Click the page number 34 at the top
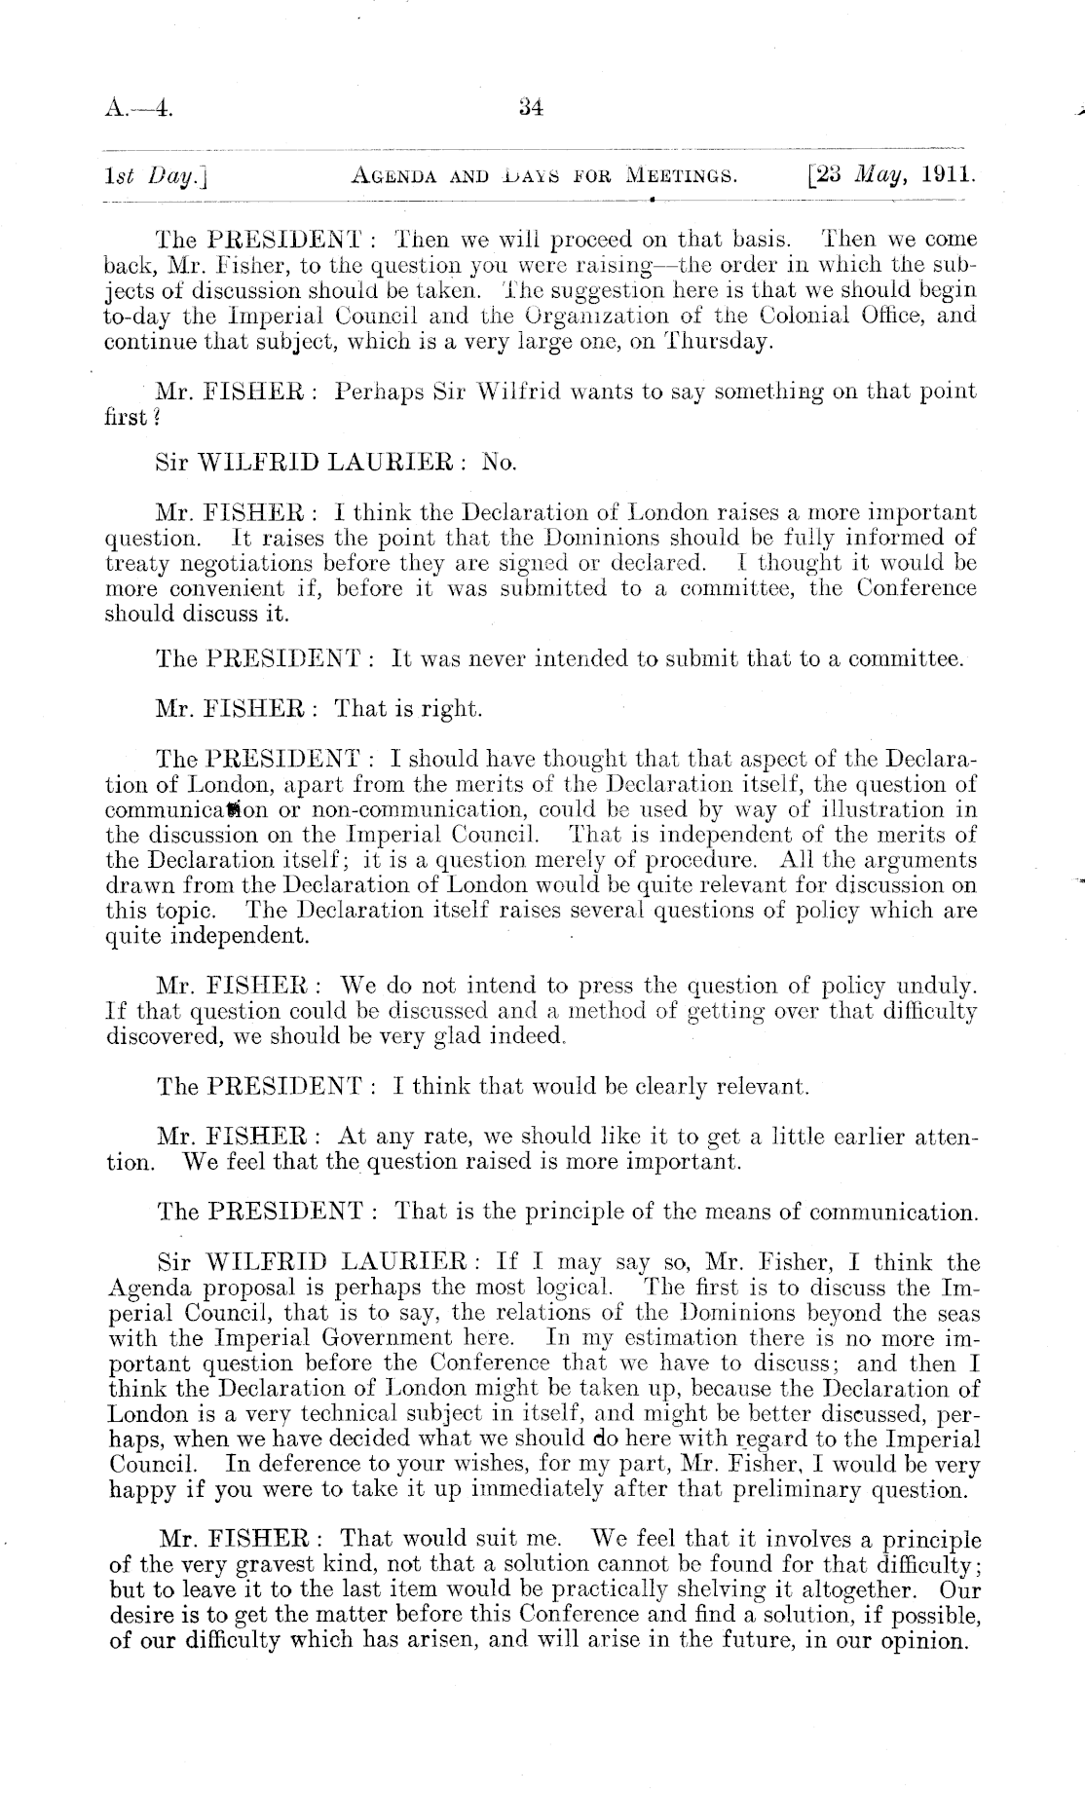pyautogui.click(x=530, y=108)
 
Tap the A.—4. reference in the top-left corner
pyautogui.click(x=138, y=109)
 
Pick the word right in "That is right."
pyautogui.click(x=452, y=709)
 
